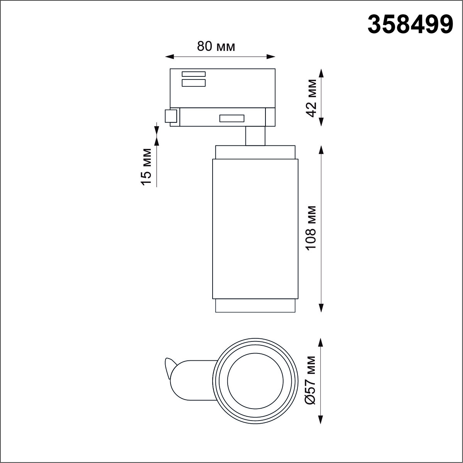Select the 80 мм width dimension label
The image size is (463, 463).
click(x=216, y=46)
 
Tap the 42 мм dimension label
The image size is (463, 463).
click(x=312, y=98)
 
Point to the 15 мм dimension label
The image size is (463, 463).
click(x=146, y=167)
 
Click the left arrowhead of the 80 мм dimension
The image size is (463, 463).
click(x=170, y=57)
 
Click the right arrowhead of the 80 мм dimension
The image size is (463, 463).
click(x=271, y=57)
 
